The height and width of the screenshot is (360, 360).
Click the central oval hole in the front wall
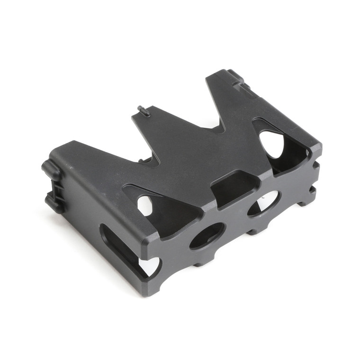coord(207,235)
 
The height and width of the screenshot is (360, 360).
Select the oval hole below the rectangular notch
coord(263,203)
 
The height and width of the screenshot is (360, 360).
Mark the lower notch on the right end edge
coord(313,189)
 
